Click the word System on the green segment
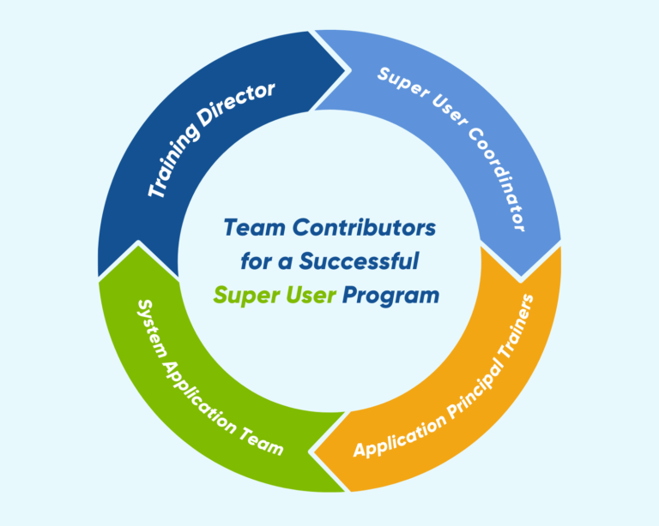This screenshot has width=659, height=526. click(x=148, y=319)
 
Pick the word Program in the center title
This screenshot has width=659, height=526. click(x=390, y=295)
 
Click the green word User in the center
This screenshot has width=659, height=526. click(x=308, y=295)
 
